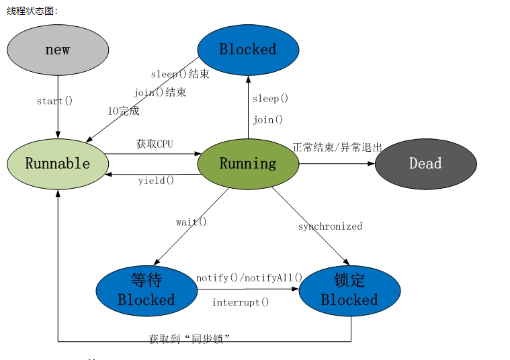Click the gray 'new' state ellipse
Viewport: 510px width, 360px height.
[58, 50]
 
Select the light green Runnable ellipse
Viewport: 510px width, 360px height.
[58, 164]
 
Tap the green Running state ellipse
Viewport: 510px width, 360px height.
[248, 164]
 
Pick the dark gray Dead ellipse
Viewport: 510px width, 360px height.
[425, 164]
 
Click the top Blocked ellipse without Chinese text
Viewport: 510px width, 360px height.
[248, 50]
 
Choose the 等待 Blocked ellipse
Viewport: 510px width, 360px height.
[146, 290]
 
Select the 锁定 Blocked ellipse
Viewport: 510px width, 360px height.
[349, 290]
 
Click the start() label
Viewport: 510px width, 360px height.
[54, 101]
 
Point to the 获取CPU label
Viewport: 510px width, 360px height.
[155, 144]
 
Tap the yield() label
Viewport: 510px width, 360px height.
[156, 181]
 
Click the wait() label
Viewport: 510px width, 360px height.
[192, 222]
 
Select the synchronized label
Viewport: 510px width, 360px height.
[330, 226]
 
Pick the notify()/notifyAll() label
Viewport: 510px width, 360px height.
[249, 277]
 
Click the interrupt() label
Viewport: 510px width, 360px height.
[241, 302]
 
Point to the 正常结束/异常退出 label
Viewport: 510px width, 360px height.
[337, 147]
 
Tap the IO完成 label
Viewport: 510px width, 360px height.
[124, 111]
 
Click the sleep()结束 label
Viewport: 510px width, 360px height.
[179, 74]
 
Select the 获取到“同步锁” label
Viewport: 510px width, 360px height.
[189, 339]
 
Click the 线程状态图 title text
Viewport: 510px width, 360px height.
[32, 11]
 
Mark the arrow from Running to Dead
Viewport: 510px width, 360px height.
[336, 164]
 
